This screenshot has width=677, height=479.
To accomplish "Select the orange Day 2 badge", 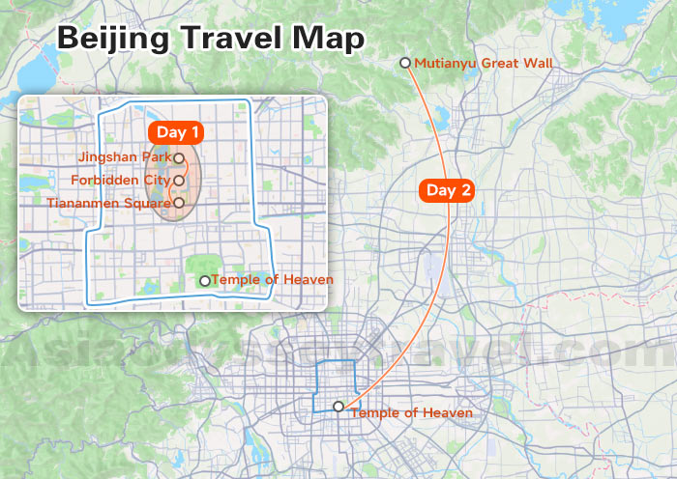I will coord(449,190).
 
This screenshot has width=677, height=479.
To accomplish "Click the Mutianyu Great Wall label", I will coord(484,64).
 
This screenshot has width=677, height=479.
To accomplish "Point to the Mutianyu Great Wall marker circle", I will coord(405,63).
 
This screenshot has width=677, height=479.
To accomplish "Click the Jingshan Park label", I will coord(124,156).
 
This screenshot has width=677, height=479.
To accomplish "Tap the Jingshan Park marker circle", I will coord(179,156).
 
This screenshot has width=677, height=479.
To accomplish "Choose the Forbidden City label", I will coord(120,180).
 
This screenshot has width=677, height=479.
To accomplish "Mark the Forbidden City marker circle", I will coord(179,180).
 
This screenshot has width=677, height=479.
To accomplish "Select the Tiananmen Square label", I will coord(108,203).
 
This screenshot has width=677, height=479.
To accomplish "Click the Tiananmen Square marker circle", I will coord(179,203).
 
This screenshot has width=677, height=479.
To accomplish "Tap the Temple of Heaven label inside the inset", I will coord(272,280).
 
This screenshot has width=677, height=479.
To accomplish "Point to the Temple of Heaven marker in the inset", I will coord(204,281).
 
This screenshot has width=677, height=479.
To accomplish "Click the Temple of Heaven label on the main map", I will coord(412,413).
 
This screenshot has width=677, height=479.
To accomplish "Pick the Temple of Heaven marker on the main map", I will coord(338,407).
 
